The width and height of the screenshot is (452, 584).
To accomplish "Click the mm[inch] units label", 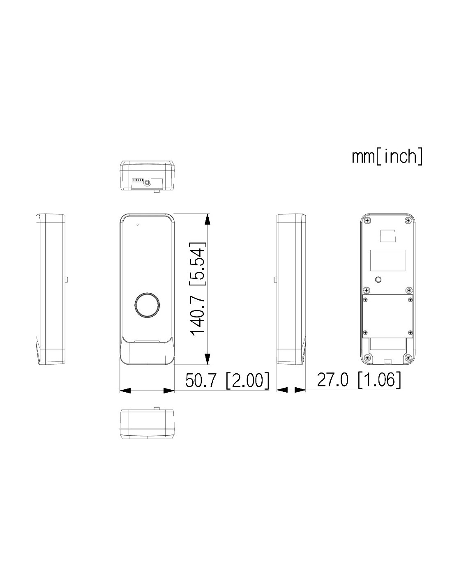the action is click(x=387, y=157).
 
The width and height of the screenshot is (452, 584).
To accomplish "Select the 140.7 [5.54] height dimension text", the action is click(x=198, y=289).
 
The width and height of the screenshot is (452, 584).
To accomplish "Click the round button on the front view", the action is click(x=147, y=305).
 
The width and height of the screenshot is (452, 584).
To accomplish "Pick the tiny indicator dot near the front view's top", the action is click(x=137, y=224).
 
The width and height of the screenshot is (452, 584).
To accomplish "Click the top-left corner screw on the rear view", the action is click(x=367, y=221).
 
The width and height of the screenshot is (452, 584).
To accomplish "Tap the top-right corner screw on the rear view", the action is click(x=408, y=221).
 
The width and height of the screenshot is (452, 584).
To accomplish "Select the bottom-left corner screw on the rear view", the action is click(x=367, y=358).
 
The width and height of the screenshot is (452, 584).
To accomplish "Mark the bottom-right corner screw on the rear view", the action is click(x=408, y=358).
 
